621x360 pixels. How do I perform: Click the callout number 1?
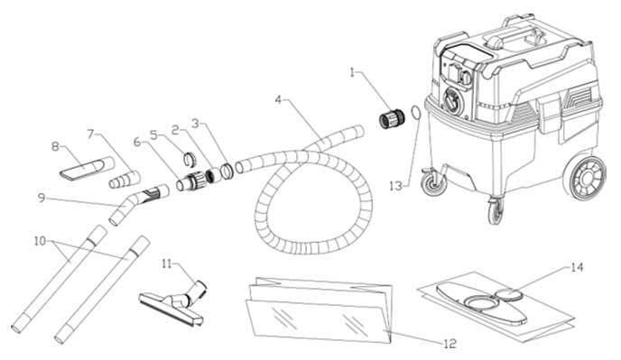click(353, 73)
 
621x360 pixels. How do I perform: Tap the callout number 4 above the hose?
click(278, 100)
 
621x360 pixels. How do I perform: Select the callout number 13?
click(395, 186)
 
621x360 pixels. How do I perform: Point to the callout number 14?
click(577, 267)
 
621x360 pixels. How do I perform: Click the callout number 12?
click(450, 344)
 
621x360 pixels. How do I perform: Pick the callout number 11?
click(167, 263)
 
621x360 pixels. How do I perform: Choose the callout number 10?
click(40, 241)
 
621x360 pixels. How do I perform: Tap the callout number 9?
click(42, 198)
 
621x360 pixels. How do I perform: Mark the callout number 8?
click(55, 146)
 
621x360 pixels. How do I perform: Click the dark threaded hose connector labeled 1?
click(392, 117)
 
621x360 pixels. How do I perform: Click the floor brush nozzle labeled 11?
click(173, 302)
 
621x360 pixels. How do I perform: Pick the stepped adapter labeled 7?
click(125, 180)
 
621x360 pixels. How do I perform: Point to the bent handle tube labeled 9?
click(138, 204)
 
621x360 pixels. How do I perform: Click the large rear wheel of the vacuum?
click(588, 179)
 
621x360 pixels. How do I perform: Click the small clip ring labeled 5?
click(190, 159)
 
